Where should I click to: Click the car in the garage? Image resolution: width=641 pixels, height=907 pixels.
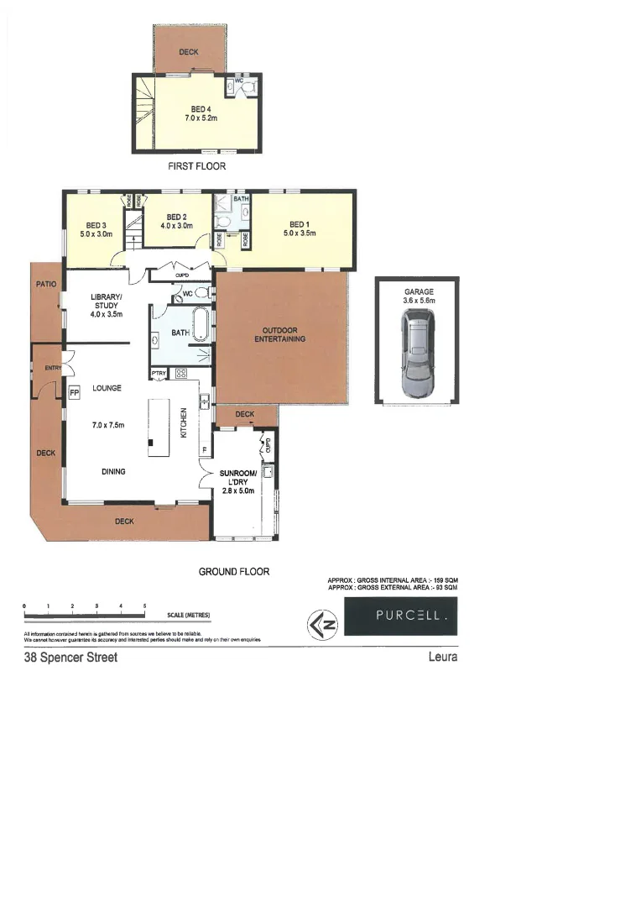pos(418,353)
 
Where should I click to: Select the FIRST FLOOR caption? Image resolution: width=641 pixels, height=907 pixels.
pos(196,166)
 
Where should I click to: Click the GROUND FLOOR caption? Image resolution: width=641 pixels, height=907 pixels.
pos(234,571)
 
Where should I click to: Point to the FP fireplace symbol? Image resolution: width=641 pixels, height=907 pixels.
pos(74,392)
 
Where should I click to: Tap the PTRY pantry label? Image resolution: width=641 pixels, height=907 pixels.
pos(159,373)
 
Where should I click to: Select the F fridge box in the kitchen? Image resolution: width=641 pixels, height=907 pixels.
pos(205,451)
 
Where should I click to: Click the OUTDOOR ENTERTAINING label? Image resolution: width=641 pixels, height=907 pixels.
pos(280,334)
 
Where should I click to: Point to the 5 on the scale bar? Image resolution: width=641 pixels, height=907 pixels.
pos(145,606)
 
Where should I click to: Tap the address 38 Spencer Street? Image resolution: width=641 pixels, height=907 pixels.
pos(70,658)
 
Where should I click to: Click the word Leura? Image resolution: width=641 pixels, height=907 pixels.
pos(442,658)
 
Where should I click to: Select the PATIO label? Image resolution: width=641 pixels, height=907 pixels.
pos(45,285)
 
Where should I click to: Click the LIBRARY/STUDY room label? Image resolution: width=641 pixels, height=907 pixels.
pos(107,303)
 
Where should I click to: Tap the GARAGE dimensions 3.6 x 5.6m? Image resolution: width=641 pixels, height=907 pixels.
pos(418,301)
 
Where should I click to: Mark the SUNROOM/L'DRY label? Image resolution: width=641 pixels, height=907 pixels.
pos(237,479)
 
